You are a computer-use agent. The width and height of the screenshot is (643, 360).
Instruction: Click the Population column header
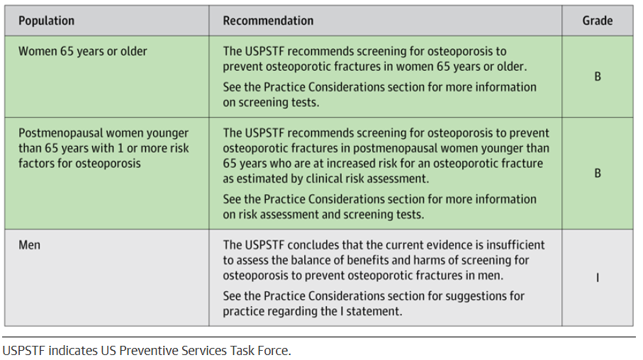[46, 21]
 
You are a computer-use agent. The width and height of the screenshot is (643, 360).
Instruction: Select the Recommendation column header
[268, 21]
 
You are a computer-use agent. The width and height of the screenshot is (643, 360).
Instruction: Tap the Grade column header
[598, 21]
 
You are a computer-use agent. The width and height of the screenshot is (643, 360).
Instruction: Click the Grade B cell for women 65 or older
[598, 77]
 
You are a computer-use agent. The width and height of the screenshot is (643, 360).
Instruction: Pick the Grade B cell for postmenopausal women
[598, 174]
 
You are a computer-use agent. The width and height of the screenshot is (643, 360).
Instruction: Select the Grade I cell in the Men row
[598, 278]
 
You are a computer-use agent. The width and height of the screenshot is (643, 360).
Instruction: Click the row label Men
[30, 245]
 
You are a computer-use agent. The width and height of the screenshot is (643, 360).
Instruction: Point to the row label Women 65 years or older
[83, 52]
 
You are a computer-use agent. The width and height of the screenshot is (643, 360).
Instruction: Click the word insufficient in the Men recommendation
[515, 245]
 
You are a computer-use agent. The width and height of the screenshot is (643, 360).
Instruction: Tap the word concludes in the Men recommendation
[313, 245]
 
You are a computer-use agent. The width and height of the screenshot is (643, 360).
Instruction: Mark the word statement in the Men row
[374, 311]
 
